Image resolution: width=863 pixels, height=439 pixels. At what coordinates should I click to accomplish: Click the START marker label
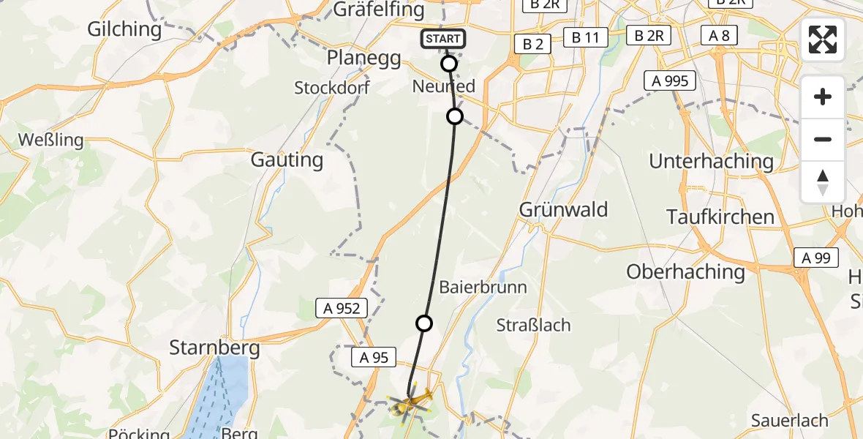coord(442,39)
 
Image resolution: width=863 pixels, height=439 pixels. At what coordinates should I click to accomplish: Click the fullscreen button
coord(823,40)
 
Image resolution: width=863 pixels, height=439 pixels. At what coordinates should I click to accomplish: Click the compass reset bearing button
coord(823,182)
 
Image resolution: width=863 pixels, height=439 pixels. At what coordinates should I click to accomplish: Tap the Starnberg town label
coord(214,348)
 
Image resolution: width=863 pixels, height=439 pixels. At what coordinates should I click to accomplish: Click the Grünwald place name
coord(563,210)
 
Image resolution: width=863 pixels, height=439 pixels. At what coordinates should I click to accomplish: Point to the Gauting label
coord(287,160)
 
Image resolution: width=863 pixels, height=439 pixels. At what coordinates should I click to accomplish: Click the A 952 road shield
coord(342,308)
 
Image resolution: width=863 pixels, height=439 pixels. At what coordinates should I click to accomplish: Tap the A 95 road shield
coord(373,357)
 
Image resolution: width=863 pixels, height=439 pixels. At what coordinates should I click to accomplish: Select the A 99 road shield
coord(815,258)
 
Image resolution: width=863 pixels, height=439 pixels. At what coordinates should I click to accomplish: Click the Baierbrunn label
coord(483,287)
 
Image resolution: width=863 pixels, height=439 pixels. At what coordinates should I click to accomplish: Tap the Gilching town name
coord(124,29)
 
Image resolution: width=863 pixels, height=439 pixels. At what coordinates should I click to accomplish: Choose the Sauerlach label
coord(789,421)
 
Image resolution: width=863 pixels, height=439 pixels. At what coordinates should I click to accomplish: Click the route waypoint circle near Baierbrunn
coord(424,323)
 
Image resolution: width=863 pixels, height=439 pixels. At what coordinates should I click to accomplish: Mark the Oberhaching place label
coord(685,272)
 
